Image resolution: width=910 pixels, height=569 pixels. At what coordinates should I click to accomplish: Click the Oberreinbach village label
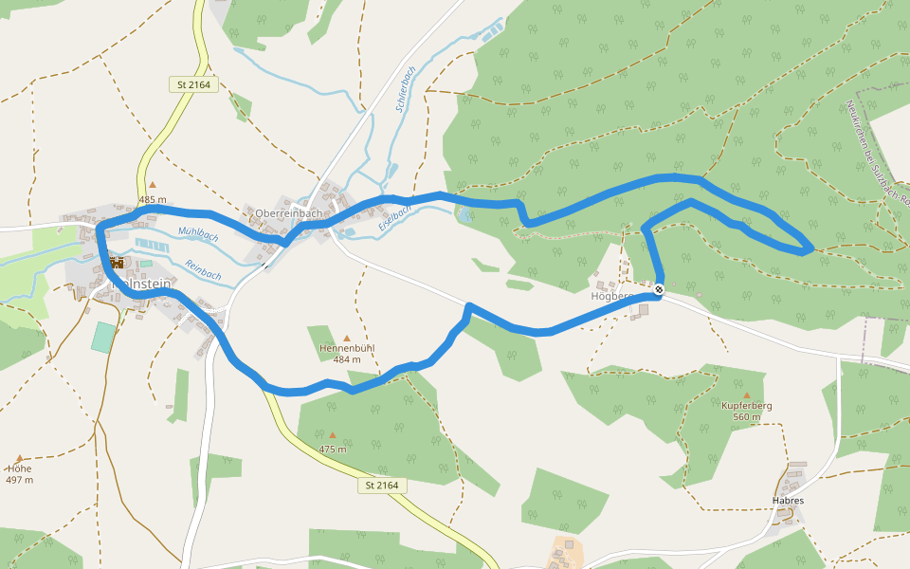289,213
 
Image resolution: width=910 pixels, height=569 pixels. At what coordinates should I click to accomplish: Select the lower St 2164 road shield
382,486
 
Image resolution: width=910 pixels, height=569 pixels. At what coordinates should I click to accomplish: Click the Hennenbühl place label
347,348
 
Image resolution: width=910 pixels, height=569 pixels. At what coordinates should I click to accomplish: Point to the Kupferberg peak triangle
747,395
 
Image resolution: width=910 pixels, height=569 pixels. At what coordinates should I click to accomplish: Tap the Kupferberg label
747,406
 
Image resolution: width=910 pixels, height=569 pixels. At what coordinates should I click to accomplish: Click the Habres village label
788,500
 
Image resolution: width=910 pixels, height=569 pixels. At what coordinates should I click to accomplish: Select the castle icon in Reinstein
117,263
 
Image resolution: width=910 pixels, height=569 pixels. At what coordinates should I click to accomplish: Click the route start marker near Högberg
658,289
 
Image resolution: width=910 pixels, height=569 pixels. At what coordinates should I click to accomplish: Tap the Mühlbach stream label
198,234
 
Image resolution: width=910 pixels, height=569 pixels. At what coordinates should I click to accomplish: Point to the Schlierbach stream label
405,89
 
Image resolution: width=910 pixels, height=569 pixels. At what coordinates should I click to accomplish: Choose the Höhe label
19,468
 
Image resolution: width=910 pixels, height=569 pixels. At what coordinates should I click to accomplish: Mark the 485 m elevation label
152,199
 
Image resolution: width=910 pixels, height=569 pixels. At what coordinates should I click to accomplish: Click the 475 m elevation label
332,449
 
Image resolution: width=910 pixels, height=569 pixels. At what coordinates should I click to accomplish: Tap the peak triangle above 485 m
152,185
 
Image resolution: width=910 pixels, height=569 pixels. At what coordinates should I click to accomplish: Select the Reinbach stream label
203,269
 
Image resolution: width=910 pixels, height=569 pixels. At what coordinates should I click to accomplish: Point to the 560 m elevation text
747,417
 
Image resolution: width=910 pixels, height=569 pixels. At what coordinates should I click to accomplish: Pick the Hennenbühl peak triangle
347,338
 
